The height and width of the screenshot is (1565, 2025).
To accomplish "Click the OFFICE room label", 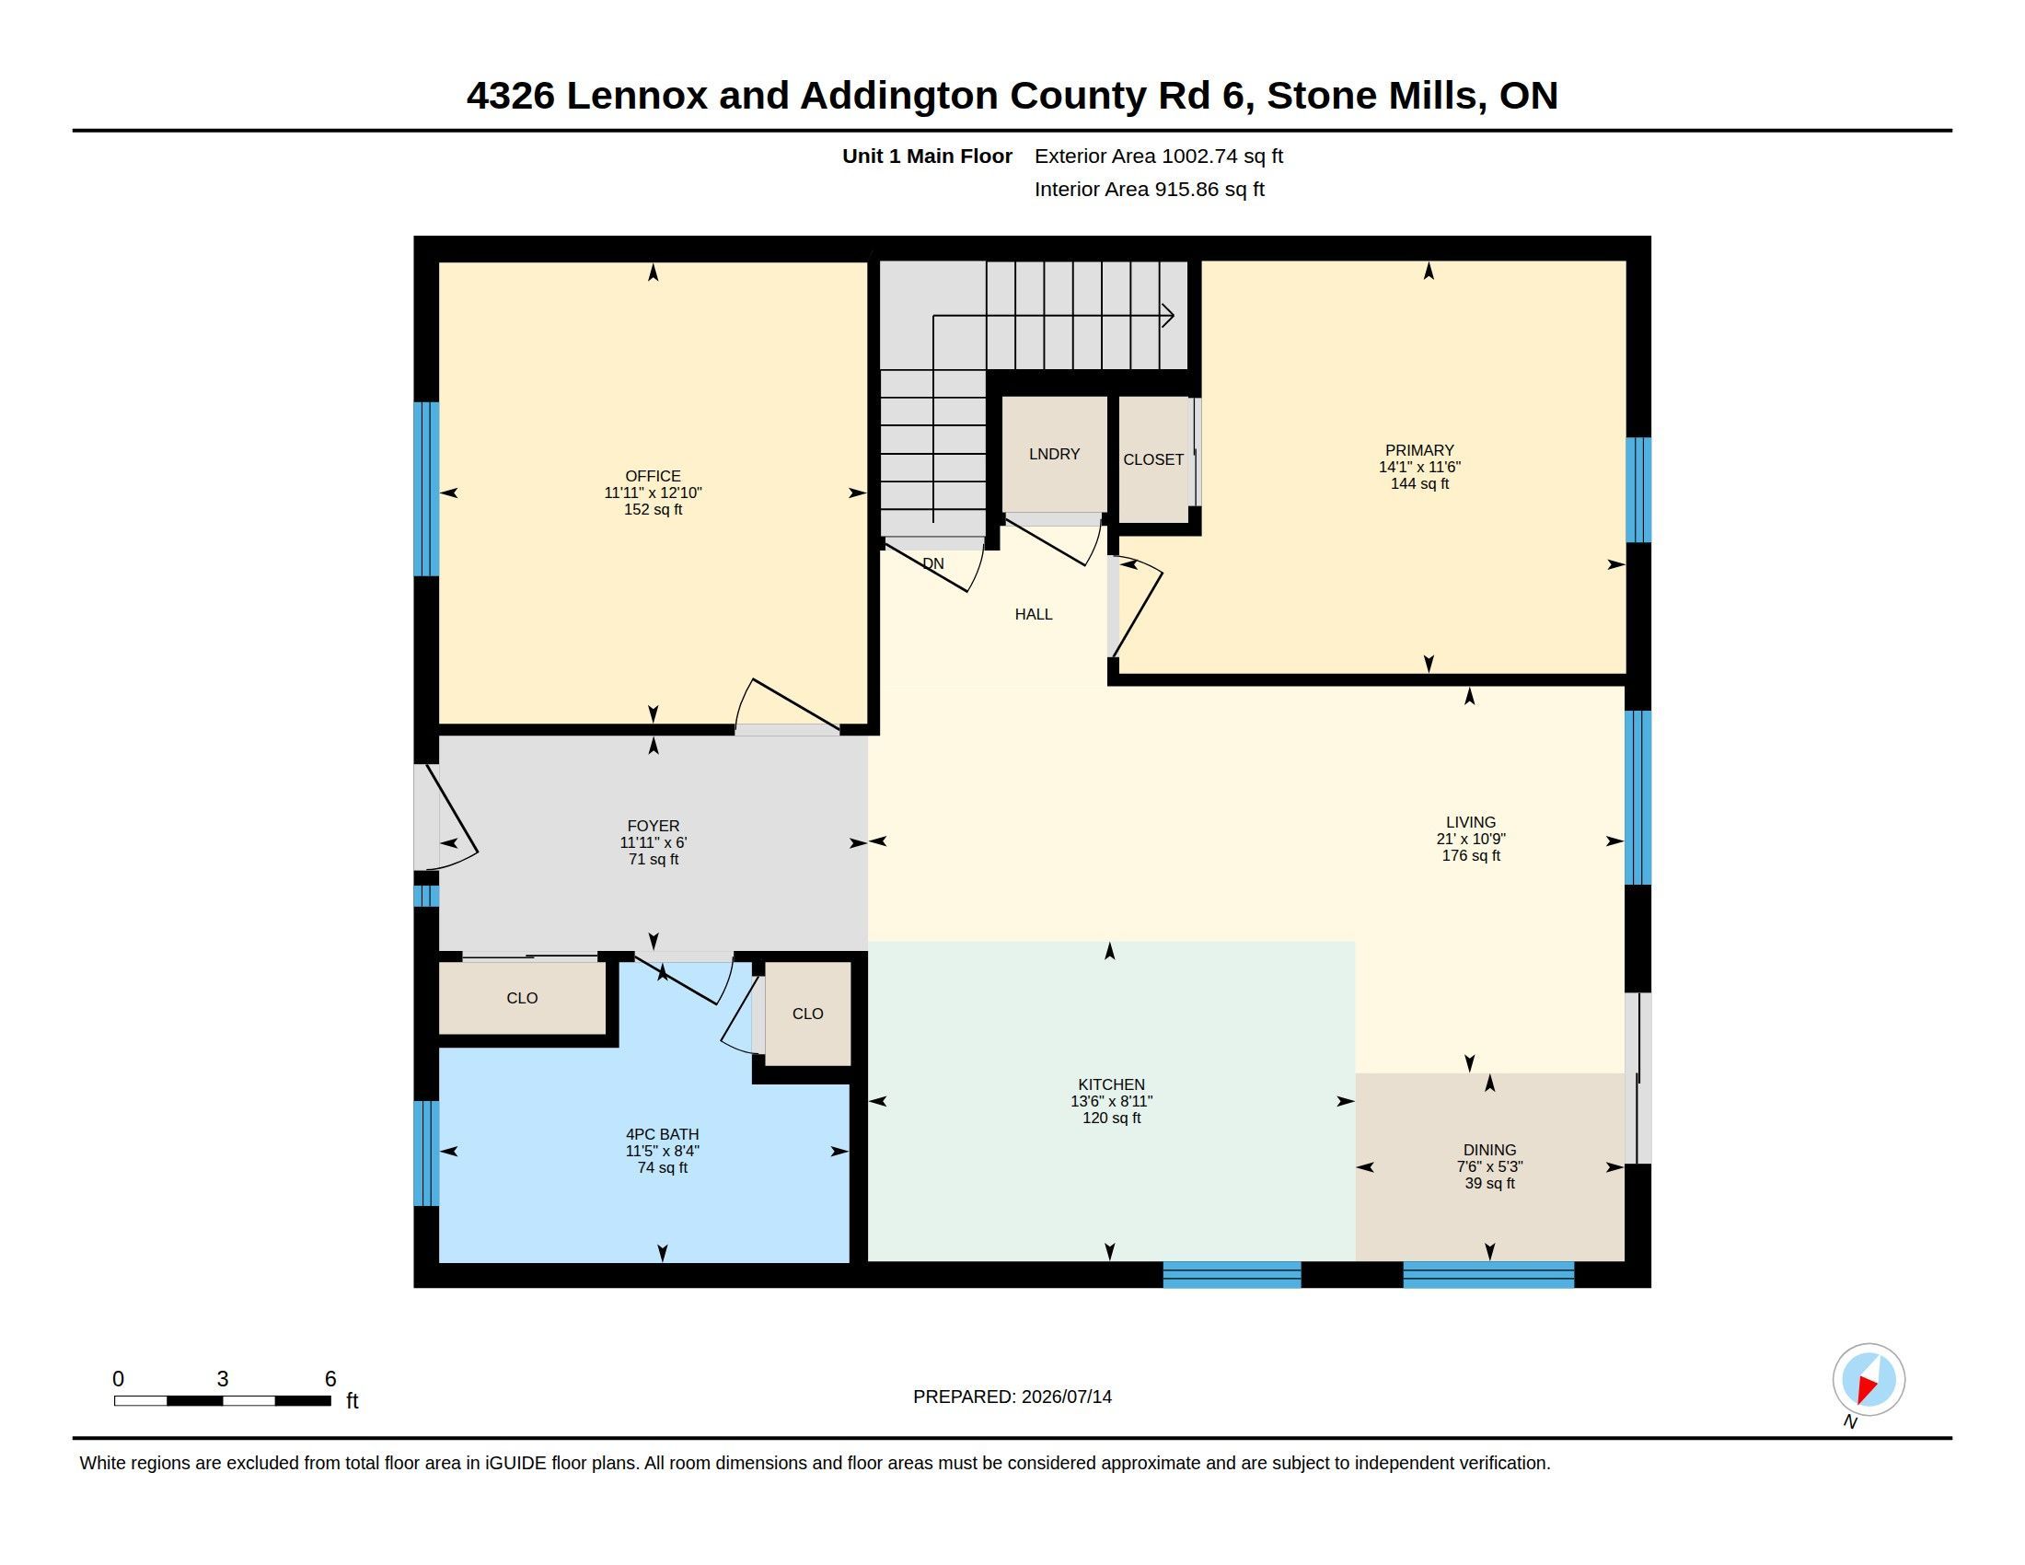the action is pyautogui.click(x=653, y=476).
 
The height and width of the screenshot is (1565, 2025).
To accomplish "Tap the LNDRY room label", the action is pyautogui.click(x=1054, y=453).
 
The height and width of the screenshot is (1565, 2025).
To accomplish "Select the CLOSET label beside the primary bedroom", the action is pyautogui.click(x=1153, y=459).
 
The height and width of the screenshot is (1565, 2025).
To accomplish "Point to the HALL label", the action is pyautogui.click(x=1033, y=614).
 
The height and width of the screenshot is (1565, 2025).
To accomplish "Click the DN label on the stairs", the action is pyautogui.click(x=933, y=562).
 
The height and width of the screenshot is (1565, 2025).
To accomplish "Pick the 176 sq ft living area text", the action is pyautogui.click(x=1471, y=855).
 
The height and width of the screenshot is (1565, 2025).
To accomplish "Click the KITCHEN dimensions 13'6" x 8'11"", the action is pyautogui.click(x=1111, y=1100).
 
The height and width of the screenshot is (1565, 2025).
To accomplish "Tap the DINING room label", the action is pyautogui.click(x=1489, y=1150).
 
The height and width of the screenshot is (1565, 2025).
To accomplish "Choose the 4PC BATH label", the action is pyautogui.click(x=662, y=1134).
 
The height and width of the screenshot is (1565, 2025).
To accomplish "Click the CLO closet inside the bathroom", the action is pyautogui.click(x=807, y=1014).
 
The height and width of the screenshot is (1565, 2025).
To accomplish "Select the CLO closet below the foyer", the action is pyautogui.click(x=522, y=998).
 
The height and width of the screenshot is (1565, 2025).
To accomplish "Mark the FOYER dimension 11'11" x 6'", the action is pyautogui.click(x=653, y=842).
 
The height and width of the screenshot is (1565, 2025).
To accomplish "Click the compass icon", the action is pyautogui.click(x=1869, y=1380).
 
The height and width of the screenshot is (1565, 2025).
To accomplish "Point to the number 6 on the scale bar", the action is pyautogui.click(x=330, y=1379).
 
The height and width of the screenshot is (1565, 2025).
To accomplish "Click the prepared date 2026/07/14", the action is pyautogui.click(x=1066, y=1397).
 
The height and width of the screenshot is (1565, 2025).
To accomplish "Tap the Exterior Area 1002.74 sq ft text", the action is pyautogui.click(x=1158, y=156).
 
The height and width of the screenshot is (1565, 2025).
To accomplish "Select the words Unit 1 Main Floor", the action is pyautogui.click(x=926, y=156).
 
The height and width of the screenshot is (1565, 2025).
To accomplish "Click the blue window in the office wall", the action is pyautogui.click(x=426, y=489).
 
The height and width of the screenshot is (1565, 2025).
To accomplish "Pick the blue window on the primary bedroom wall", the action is pyautogui.click(x=1638, y=490).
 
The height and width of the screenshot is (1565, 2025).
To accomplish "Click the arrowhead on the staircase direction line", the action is pyautogui.click(x=1169, y=316).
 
